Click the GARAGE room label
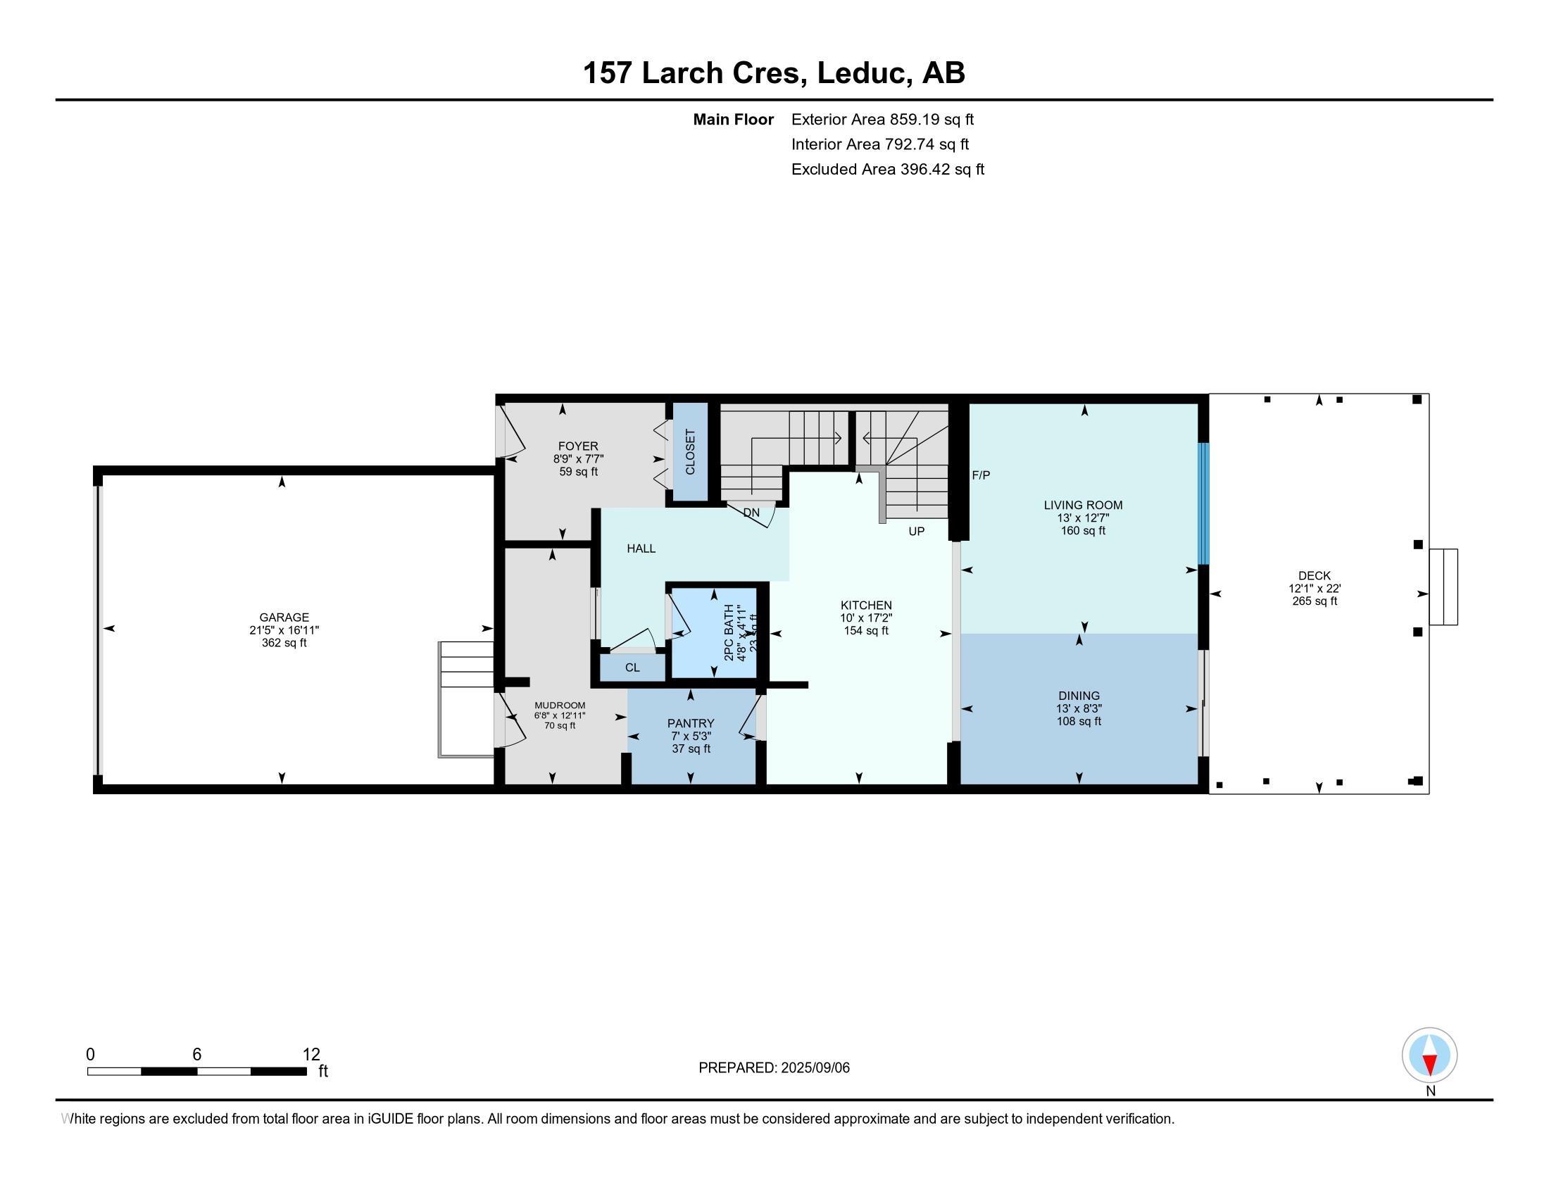pos(284,618)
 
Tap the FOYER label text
pos(577,446)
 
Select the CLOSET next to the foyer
pos(690,452)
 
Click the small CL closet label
pos(632,668)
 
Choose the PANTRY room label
pos(690,723)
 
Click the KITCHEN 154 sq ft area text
pos(865,630)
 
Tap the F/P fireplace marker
pos(980,475)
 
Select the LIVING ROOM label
pos(1082,505)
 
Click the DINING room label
pos(1078,696)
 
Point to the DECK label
pos(1314,576)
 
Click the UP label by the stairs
pos(916,531)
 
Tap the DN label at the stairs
pos(751,512)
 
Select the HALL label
pos(641,548)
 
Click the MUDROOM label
pos(560,705)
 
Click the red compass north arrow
pos(1430,1064)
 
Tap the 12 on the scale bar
pos(311,1055)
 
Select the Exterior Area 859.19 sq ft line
pos(882,119)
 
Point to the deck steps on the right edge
pos(1443,587)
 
